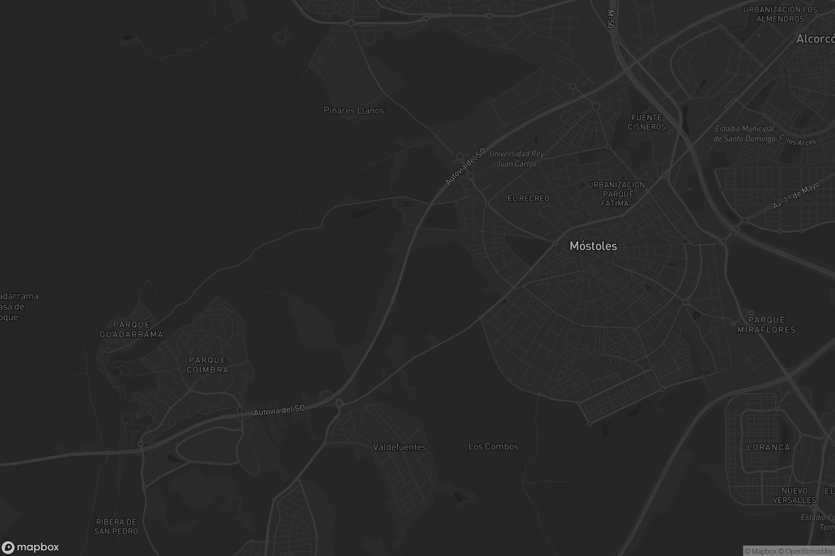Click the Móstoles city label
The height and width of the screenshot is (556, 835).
593,246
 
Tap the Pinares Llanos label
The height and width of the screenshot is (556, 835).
353,111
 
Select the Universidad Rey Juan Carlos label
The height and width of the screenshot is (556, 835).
517,158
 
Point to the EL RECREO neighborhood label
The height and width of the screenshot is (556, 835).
528,198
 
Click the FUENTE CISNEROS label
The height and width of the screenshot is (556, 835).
646,122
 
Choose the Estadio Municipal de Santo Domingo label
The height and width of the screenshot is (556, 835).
744,134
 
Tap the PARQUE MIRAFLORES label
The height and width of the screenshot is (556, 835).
766,325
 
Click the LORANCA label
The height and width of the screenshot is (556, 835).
769,448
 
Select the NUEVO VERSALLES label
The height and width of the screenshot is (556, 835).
794,496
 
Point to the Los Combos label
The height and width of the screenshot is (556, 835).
493,447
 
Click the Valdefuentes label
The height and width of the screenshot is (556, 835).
399,447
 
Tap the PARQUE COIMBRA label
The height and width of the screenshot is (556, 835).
208,365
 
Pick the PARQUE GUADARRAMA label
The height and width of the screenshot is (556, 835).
132,329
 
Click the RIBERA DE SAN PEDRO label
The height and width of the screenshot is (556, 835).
116,526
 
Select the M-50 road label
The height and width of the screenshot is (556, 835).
610,19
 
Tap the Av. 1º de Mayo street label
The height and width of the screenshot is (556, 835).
796,195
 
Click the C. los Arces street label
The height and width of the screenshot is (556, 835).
797,140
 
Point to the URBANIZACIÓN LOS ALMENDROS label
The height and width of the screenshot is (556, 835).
780,14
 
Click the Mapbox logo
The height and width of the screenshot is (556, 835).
30,547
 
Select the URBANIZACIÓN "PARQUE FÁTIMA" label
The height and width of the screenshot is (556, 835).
616,194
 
